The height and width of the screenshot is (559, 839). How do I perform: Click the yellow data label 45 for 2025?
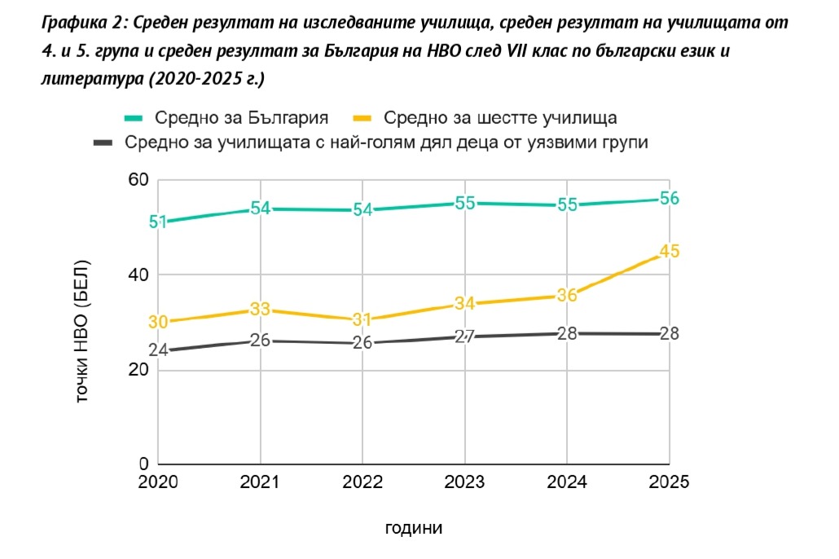tap(669, 251)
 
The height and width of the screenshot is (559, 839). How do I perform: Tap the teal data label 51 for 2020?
tap(158, 222)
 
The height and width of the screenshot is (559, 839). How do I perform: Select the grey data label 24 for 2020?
tap(158, 350)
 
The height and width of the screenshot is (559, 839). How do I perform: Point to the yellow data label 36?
tap(567, 295)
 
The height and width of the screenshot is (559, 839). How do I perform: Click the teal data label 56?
tap(669, 199)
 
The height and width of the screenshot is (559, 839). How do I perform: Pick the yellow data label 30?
tap(158, 322)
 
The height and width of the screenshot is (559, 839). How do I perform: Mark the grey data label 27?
tap(464, 336)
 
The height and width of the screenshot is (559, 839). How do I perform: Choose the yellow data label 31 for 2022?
tap(362, 319)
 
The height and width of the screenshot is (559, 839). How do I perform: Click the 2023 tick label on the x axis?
tap(464, 482)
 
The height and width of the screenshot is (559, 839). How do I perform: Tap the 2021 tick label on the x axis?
tap(261, 482)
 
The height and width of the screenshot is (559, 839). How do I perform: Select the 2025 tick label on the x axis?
tap(669, 482)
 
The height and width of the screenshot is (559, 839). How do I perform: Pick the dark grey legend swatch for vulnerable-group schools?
tap(103, 143)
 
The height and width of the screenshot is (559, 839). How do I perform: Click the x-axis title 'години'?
tap(413, 527)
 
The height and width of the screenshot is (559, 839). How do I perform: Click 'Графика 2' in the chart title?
tap(78, 23)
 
